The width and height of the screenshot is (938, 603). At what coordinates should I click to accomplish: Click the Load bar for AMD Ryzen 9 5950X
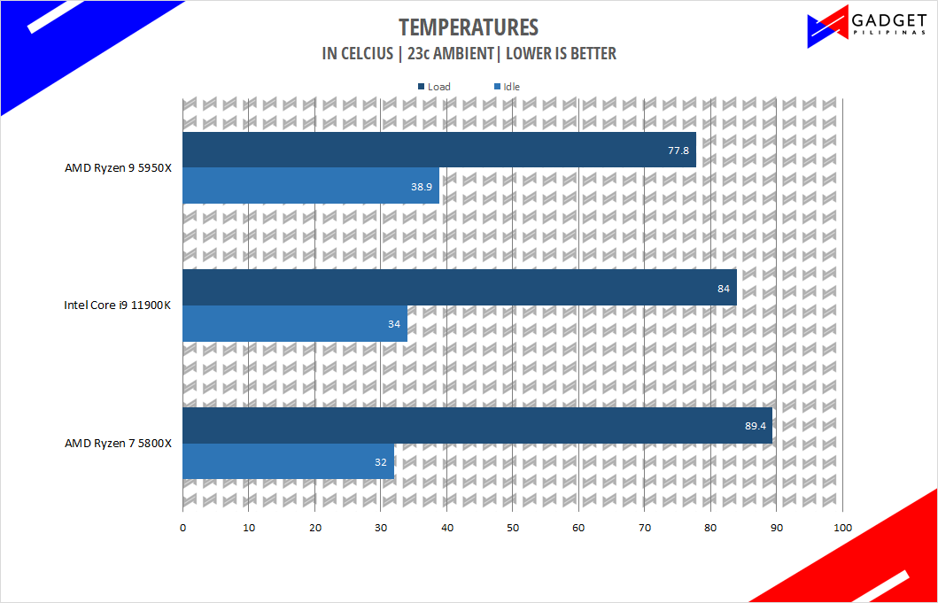click(x=439, y=150)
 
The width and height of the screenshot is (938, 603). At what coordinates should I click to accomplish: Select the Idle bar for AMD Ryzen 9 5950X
click(x=311, y=185)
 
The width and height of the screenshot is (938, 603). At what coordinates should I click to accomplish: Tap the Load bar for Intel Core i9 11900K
click(x=460, y=288)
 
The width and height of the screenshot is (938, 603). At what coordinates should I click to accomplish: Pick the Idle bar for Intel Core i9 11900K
click(x=295, y=323)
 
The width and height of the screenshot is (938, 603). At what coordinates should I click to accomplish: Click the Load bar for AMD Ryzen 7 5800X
click(x=477, y=425)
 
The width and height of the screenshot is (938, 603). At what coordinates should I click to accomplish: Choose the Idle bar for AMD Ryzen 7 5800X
click(x=289, y=461)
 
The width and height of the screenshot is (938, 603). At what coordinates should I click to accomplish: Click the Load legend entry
click(x=434, y=87)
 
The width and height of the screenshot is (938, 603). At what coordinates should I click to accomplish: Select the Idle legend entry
click(x=508, y=87)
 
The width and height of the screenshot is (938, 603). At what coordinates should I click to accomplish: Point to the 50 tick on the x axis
click(x=513, y=528)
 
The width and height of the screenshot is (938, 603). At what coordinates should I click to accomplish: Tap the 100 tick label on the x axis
click(x=842, y=528)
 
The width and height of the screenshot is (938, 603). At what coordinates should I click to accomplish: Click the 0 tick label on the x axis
click(x=182, y=528)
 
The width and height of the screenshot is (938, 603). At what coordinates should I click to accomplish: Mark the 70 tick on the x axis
click(x=644, y=528)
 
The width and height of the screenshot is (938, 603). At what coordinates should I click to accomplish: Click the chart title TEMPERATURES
click(x=469, y=27)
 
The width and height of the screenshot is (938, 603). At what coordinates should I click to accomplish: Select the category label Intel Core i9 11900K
click(x=118, y=305)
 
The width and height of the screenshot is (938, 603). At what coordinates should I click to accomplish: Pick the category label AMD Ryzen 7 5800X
click(x=119, y=444)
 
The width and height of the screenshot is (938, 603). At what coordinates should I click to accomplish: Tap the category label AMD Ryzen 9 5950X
click(x=119, y=168)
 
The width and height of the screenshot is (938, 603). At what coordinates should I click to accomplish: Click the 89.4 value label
click(x=755, y=426)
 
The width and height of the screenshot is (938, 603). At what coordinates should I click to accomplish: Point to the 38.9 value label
click(x=422, y=186)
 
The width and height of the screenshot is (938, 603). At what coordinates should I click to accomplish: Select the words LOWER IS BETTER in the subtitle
click(x=561, y=54)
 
